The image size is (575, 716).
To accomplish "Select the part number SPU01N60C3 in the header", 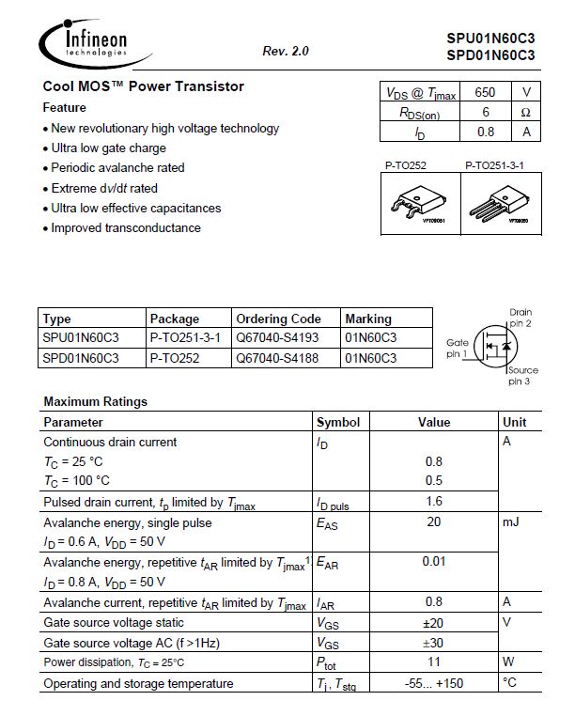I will (x=490, y=39).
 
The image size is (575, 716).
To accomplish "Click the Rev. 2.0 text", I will (x=286, y=51).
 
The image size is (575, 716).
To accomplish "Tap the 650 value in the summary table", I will (x=485, y=92).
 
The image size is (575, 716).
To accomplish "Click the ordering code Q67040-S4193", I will (x=277, y=337).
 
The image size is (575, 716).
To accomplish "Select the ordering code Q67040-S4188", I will (x=277, y=358).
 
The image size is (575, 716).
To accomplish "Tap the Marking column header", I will (x=368, y=319).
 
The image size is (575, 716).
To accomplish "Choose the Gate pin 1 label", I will (x=457, y=349).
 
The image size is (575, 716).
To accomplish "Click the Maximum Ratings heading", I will (x=95, y=401).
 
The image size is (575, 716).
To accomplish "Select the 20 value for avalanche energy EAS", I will (x=433, y=521).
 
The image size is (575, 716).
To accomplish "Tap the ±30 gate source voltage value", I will (x=433, y=643).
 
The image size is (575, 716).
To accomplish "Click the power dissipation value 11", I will (x=433, y=662).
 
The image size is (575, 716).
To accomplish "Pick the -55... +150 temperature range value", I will (x=433, y=683).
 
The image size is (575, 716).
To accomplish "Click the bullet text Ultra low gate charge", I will (x=108, y=148).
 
